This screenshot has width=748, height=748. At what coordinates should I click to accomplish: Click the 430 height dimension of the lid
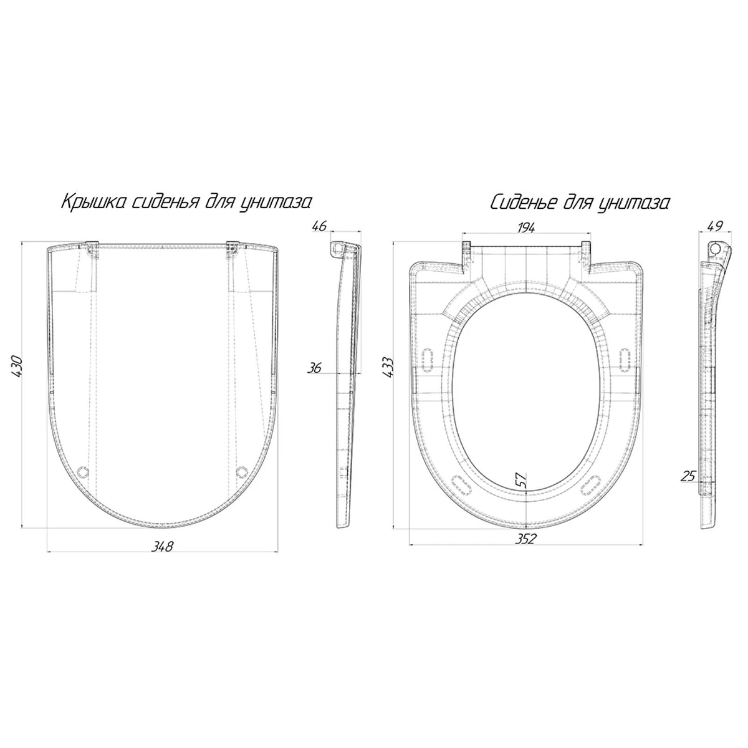[x=19, y=367]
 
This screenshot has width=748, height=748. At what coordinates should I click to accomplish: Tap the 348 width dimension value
[x=162, y=546]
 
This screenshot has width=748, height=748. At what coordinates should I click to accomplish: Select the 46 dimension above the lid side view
[x=320, y=226]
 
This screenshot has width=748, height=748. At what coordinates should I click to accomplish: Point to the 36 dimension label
[x=314, y=367]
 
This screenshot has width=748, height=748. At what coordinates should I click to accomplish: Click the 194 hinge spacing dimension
[x=525, y=228]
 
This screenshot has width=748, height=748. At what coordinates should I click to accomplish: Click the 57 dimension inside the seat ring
[x=521, y=480]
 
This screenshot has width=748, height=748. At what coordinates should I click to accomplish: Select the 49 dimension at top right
[x=715, y=226]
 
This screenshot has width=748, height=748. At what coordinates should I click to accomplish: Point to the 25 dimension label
[x=688, y=476]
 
